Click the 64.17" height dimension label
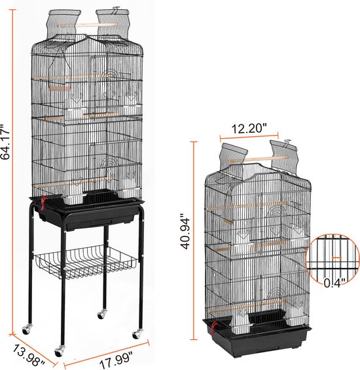(x=5, y=141)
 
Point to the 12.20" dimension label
(x=249, y=128)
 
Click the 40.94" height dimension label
(x=185, y=231)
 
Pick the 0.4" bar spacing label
(x=334, y=282)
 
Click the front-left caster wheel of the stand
(x=60, y=351)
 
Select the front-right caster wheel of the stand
(x=137, y=334)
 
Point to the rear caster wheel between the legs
(x=102, y=314)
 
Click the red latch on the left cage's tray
(x=43, y=203)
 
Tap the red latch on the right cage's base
(x=214, y=327)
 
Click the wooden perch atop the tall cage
(x=87, y=25)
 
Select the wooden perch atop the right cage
(x=258, y=159)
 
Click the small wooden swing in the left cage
(x=60, y=88)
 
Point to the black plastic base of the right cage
(x=257, y=333)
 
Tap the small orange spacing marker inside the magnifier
(x=336, y=257)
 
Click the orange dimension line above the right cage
(x=249, y=136)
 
